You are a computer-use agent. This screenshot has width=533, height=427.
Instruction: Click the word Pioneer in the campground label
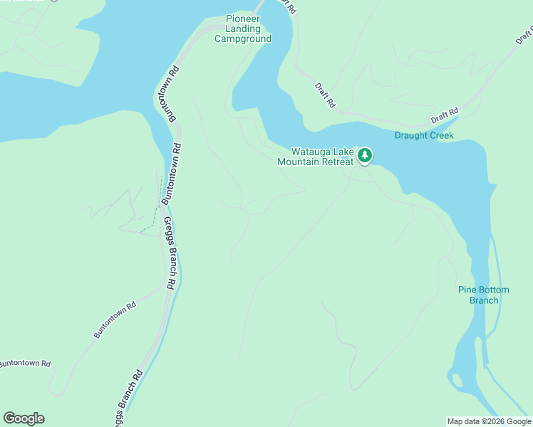243,19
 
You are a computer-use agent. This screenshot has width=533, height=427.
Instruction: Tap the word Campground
243,38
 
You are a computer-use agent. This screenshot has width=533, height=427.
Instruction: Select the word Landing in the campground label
243,28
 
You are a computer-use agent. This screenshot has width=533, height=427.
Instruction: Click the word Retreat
336,162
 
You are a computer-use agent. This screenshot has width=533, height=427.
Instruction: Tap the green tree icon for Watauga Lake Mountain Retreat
365,154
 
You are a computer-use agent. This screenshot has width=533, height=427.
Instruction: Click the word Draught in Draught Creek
411,135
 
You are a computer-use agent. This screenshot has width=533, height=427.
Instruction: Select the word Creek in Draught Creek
441,135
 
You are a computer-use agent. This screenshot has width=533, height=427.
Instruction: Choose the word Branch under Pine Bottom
483,300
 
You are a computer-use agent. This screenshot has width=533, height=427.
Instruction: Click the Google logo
24,418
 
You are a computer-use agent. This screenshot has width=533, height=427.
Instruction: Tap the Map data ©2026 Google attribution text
490,421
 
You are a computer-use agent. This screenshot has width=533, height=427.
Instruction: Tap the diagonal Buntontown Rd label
115,321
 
